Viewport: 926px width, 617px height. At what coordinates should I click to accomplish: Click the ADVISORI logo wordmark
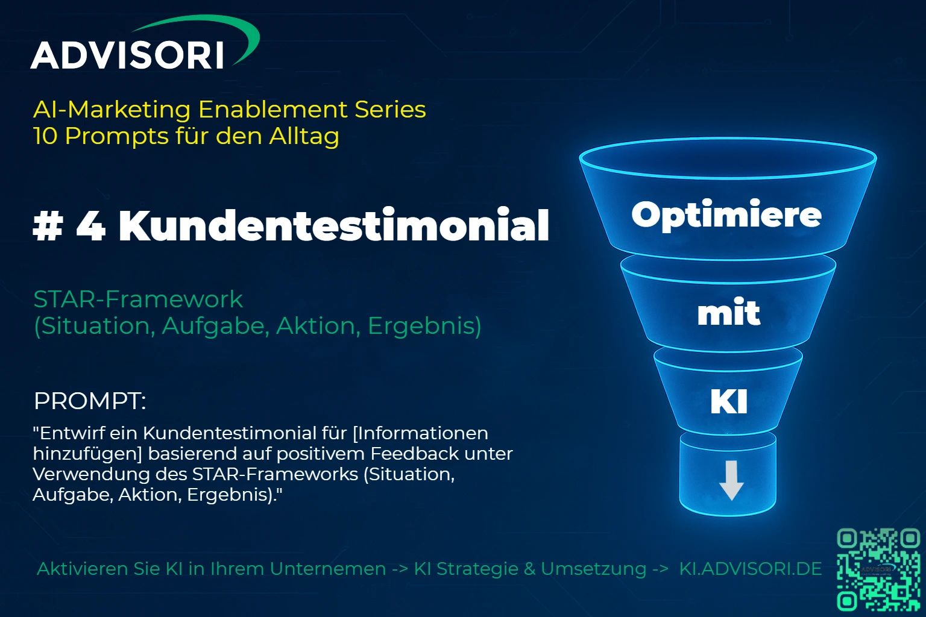(127, 55)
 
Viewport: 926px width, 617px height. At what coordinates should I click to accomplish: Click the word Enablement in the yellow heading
(273, 110)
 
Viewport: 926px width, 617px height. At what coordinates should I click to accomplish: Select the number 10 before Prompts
(45, 136)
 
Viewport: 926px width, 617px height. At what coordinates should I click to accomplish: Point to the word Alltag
(304, 136)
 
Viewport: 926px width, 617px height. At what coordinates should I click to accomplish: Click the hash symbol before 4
(48, 225)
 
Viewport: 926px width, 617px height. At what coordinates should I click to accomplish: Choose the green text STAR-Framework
(138, 299)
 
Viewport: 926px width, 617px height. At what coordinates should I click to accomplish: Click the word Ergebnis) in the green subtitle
(424, 326)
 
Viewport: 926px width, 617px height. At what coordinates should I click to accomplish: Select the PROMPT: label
(90, 401)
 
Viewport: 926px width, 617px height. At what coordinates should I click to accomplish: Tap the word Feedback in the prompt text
(415, 454)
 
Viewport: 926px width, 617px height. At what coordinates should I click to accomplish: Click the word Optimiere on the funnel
(726, 215)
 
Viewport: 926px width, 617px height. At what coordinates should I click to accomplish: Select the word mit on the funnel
(728, 312)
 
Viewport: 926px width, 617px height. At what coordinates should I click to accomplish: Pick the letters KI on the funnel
(729, 401)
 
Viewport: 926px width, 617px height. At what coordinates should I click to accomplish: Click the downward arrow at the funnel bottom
(731, 480)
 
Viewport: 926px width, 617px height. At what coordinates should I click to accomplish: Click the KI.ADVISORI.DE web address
(751, 569)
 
